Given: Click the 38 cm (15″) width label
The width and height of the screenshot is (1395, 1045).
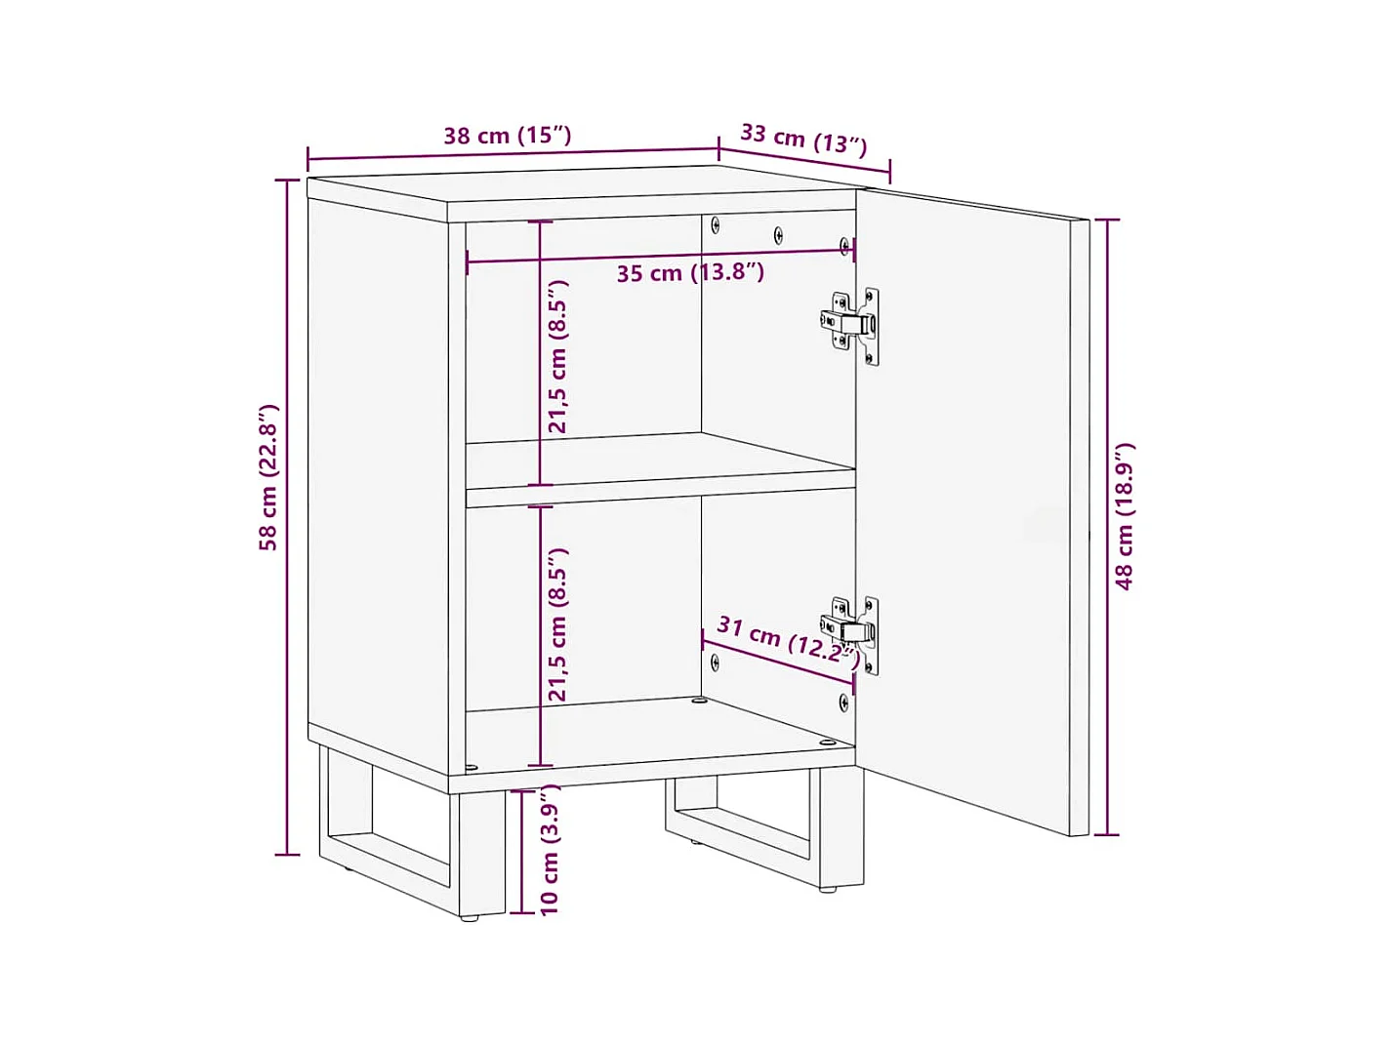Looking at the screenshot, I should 507,136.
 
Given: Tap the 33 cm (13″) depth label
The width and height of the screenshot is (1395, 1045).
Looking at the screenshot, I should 803,139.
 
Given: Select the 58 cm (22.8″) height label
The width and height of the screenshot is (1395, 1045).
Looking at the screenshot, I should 268,477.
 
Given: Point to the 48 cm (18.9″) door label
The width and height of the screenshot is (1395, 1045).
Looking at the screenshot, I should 1125,516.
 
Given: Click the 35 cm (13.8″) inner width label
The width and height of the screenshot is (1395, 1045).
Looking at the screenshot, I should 689,273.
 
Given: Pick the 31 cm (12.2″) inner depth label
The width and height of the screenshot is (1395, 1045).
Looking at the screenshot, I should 789,640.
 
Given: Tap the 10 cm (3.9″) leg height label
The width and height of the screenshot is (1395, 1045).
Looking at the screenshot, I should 550,849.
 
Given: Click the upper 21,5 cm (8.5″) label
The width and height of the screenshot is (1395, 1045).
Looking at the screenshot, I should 557,357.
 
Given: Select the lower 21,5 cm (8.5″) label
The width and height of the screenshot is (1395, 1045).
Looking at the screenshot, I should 557,624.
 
